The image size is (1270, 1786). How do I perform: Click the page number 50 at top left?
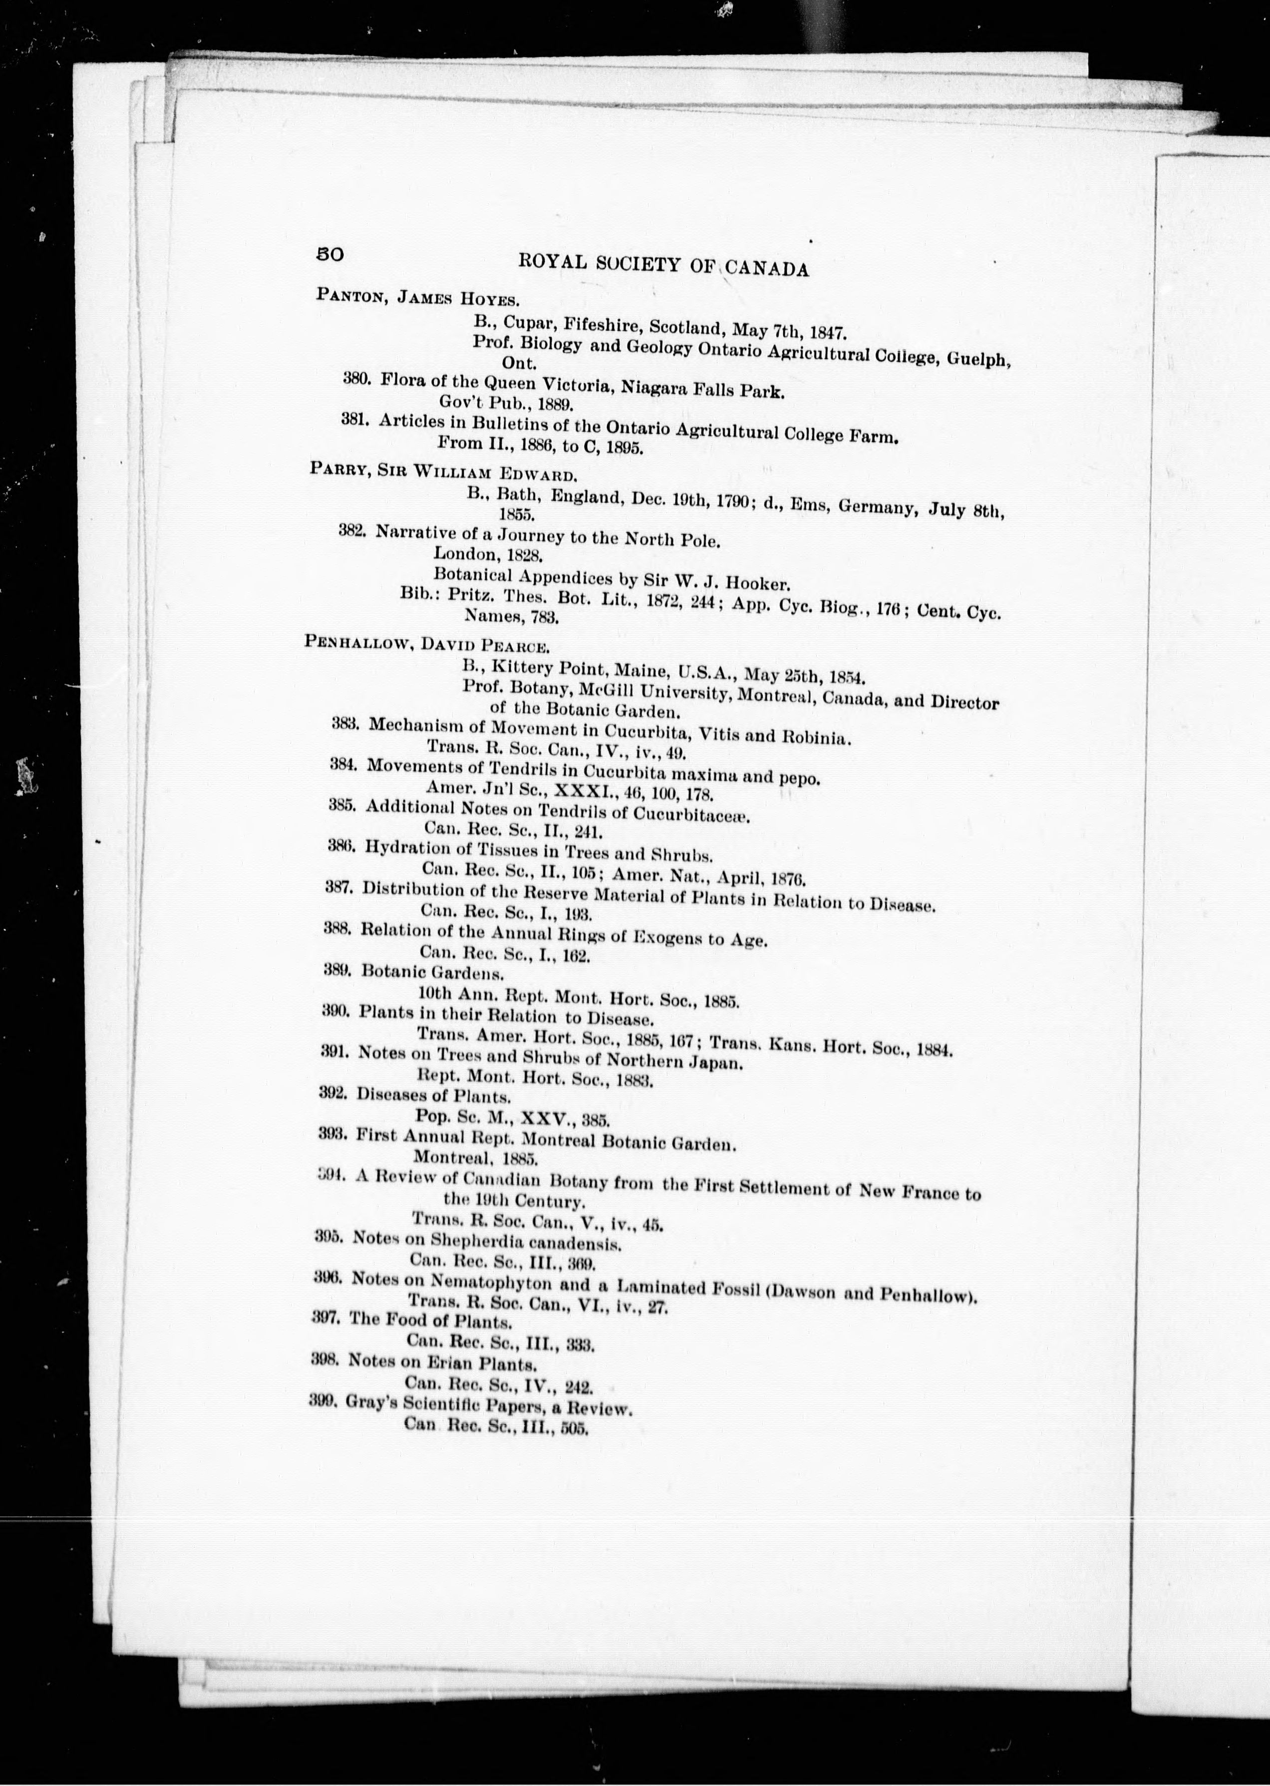329,254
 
